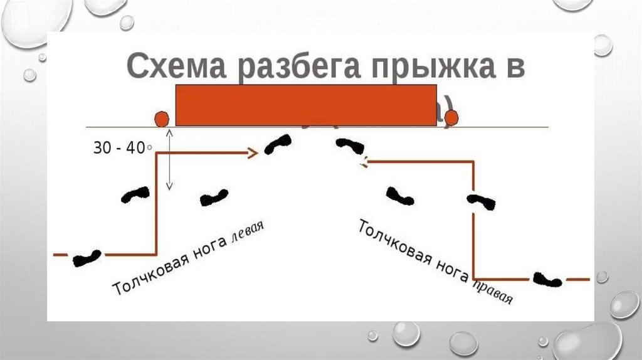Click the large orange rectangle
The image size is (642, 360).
coord(306,105)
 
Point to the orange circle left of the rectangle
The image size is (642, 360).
coord(162,119)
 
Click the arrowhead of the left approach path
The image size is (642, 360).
coord(253,152)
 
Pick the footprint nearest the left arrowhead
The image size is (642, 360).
coord(278,144)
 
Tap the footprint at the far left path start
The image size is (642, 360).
coord(87,257)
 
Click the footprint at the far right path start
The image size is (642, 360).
coord(547,279)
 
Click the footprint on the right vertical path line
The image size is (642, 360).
coord(481,201)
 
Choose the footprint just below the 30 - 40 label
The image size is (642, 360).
coord(135,194)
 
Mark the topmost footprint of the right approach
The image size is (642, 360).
coord(350,146)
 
